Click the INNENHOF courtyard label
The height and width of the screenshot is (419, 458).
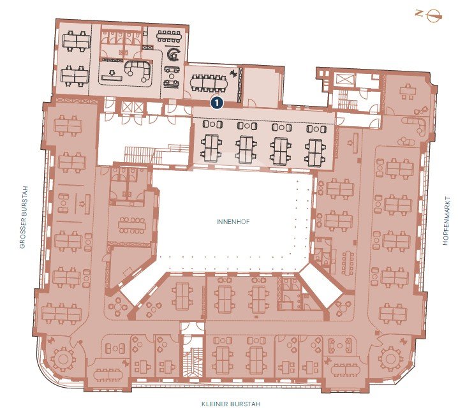click(233, 222)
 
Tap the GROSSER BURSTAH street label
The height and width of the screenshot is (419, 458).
click(23, 217)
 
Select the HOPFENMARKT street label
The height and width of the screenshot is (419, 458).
click(446, 221)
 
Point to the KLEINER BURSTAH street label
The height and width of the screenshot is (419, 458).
click(231, 404)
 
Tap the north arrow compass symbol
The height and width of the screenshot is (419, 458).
click(434, 15)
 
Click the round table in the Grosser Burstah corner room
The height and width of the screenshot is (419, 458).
click(63, 359)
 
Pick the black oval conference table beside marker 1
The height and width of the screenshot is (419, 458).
click(209, 83)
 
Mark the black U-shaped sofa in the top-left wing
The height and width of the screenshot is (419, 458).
click(138, 70)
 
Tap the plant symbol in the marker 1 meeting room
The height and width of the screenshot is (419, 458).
click(233, 74)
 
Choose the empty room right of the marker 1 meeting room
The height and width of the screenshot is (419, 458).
click(261, 87)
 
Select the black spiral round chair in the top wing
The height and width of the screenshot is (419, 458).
click(174, 54)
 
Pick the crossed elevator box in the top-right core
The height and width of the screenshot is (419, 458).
click(345, 80)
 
